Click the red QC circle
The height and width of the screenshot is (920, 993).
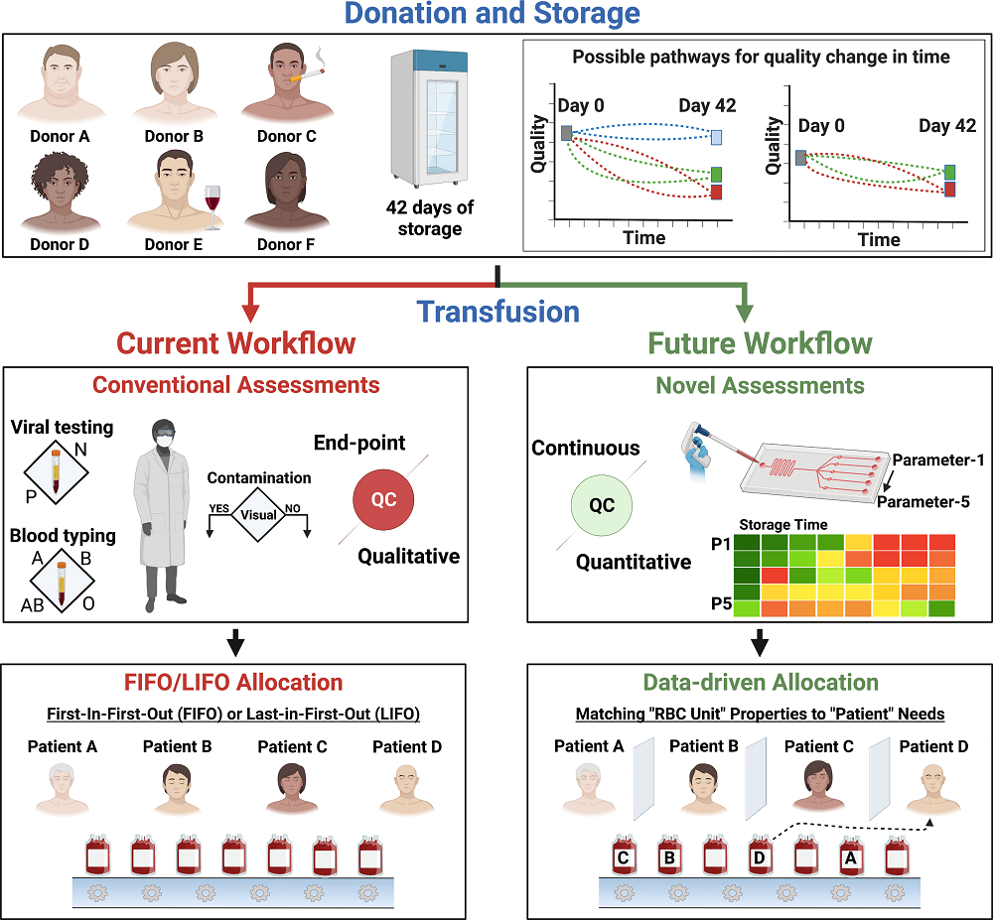pos(383,499)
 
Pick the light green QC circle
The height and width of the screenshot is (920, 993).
pos(602,504)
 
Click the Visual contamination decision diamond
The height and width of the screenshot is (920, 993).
pos(259,514)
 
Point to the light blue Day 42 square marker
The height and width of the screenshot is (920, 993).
pos(716,137)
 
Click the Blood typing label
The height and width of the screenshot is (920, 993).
pos(62,536)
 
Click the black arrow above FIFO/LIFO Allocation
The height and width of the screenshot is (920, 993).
pos(236,645)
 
